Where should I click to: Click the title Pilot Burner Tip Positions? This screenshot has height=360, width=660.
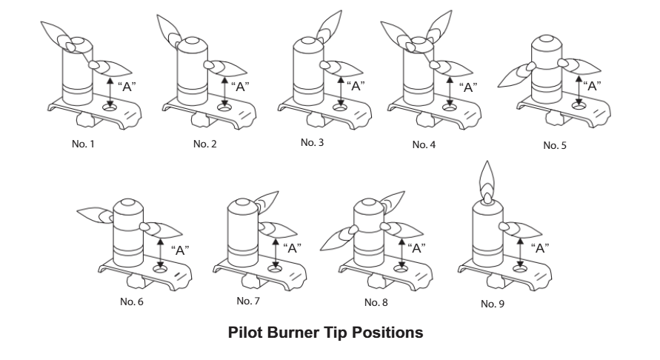[329, 333]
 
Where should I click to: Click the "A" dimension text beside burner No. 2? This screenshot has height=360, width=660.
[240, 85]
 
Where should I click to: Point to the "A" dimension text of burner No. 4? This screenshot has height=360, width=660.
[468, 87]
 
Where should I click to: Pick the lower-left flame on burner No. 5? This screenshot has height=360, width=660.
[517, 73]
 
